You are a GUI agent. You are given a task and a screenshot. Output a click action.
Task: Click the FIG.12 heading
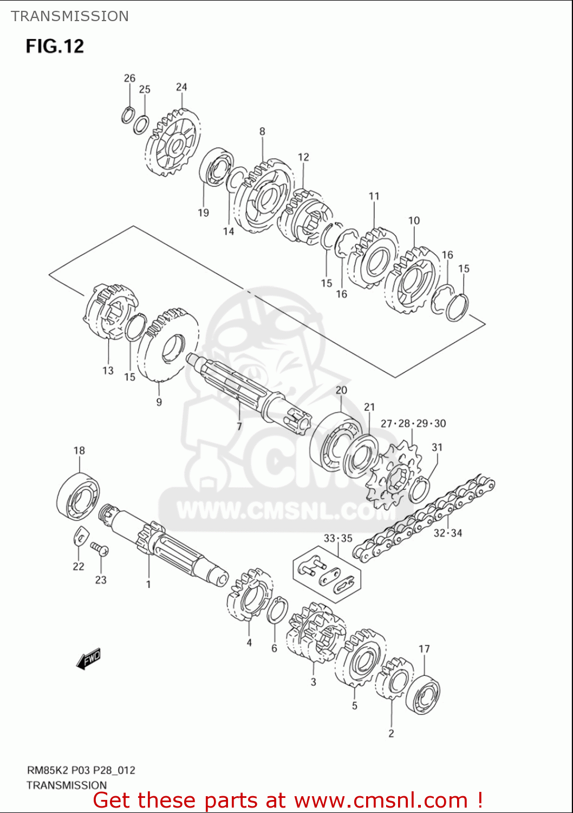tap(55, 46)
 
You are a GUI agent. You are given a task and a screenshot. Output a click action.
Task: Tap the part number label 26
tap(129, 78)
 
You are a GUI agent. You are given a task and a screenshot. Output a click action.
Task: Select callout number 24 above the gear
tap(181, 87)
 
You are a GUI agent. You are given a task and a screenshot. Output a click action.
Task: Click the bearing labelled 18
tap(78, 496)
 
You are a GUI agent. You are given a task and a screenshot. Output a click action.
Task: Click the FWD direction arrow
tap(88, 659)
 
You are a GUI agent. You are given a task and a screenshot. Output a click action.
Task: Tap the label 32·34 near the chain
tap(448, 533)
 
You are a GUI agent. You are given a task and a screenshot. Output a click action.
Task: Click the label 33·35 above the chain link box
tap(338, 538)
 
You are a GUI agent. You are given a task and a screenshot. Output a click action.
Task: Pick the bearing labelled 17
tap(423, 694)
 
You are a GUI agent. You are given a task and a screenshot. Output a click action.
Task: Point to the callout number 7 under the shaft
tap(239, 426)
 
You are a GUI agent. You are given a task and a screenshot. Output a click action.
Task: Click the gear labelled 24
tap(173, 142)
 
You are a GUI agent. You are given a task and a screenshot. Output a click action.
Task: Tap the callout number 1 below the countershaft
tap(148, 584)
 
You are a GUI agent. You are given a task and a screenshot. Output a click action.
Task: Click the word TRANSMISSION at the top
tap(70, 16)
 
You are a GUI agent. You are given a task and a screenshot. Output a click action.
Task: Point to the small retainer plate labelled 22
tap(79, 535)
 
